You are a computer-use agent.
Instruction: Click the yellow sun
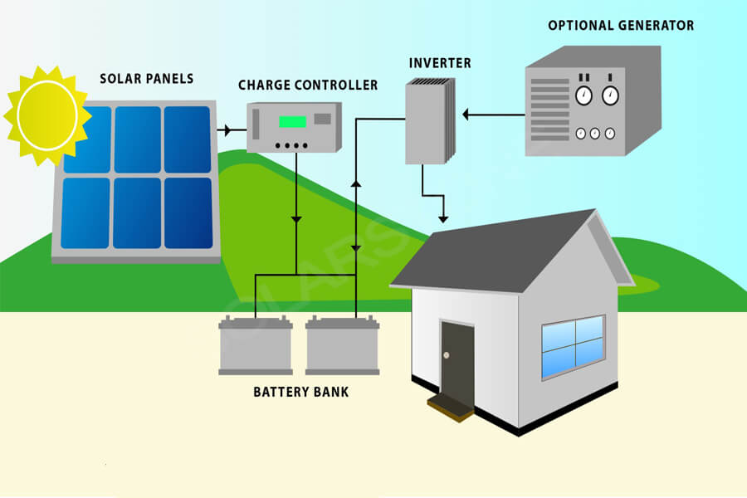pyautogui.click(x=47, y=115)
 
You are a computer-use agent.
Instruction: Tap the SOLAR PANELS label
pyautogui.click(x=147, y=79)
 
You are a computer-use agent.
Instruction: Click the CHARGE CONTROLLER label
pyautogui.click(x=308, y=85)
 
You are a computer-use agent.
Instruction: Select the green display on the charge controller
pyautogui.click(x=292, y=121)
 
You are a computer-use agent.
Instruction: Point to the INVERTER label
pyautogui.click(x=440, y=63)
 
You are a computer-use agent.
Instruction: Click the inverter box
pyautogui.click(x=430, y=121)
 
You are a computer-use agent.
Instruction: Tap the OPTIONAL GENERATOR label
pyautogui.click(x=621, y=25)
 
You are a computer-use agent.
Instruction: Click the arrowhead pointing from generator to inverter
pyautogui.click(x=466, y=115)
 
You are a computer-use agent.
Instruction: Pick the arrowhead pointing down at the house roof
pyautogui.click(x=443, y=219)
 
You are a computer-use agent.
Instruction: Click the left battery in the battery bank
pyautogui.click(x=256, y=345)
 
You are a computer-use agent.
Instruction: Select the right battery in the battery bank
pyautogui.click(x=342, y=345)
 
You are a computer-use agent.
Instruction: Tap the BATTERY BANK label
pyautogui.click(x=301, y=392)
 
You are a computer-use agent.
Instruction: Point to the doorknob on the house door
pyautogui.click(x=447, y=355)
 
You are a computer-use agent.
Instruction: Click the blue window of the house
pyautogui.click(x=573, y=347)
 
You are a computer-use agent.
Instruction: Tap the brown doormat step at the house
pyautogui.click(x=451, y=408)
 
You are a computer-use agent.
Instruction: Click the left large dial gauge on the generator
pyautogui.click(x=583, y=95)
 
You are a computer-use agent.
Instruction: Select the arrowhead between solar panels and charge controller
pyautogui.click(x=227, y=129)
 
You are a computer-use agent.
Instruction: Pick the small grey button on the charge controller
pyautogui.click(x=323, y=119)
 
